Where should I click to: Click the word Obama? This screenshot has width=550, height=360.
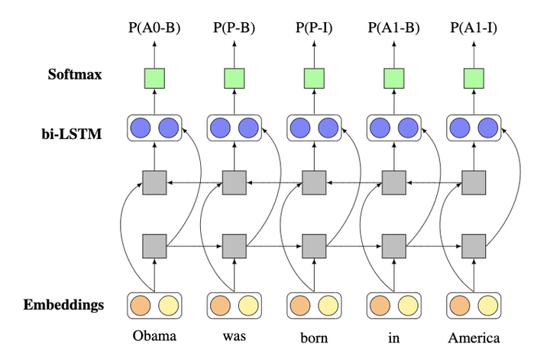[x=154, y=337]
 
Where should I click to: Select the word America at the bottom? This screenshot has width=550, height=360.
[x=474, y=337]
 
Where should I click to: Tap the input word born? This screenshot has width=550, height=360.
[x=313, y=338]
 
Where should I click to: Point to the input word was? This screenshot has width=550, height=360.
[x=234, y=337]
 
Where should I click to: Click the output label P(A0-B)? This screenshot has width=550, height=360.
[x=154, y=29]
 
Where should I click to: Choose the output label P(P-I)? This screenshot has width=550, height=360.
[x=313, y=29]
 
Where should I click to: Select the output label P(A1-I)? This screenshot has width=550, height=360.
[x=474, y=29]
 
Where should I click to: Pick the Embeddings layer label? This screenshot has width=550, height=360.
[x=65, y=305]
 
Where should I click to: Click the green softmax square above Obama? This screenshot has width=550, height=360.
[x=154, y=78]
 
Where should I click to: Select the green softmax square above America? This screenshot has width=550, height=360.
[x=474, y=78]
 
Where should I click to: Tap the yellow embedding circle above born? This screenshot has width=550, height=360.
[x=328, y=305]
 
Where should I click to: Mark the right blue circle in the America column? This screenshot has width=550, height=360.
[x=487, y=128]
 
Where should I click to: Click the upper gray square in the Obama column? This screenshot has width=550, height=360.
[x=154, y=183]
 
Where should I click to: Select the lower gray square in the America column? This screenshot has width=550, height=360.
[x=474, y=246]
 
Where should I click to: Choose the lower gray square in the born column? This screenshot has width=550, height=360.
[x=313, y=246]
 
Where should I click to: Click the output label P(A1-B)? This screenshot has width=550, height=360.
[x=393, y=29]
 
